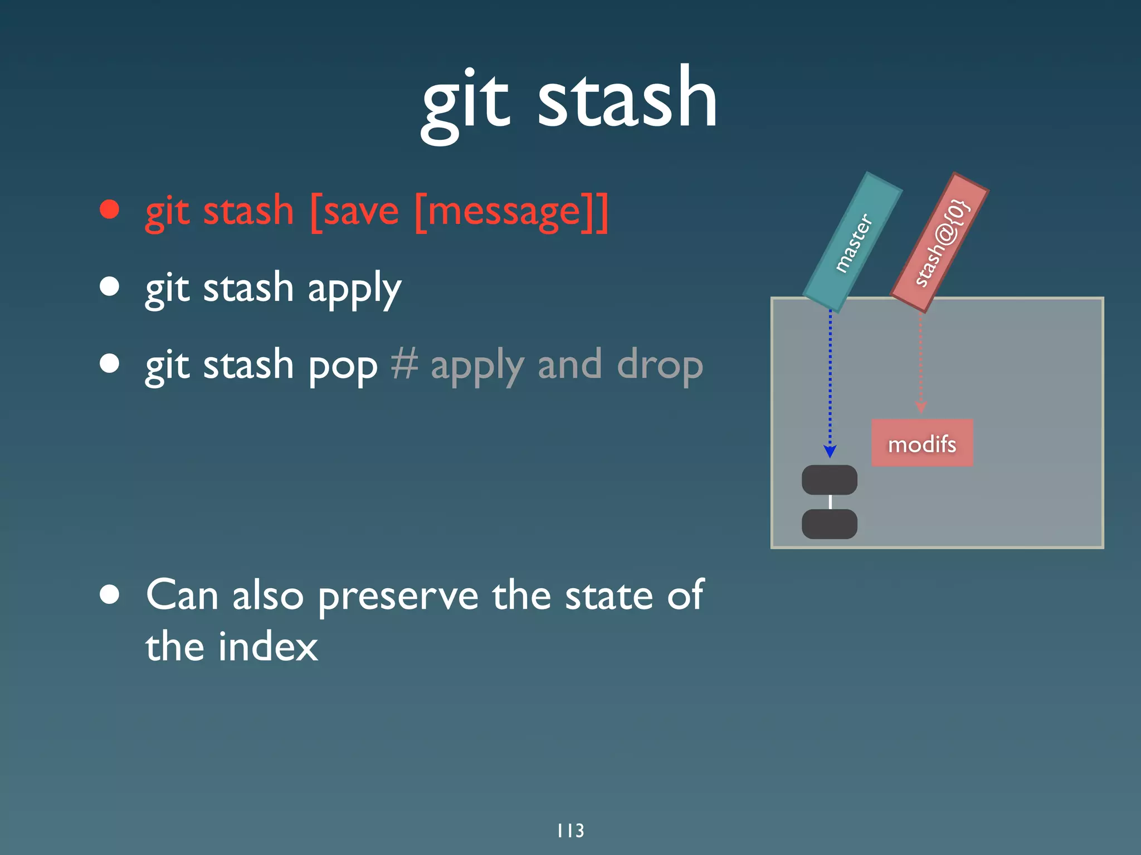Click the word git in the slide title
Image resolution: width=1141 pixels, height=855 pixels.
click(x=465, y=103)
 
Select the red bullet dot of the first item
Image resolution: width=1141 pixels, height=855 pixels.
click(x=110, y=209)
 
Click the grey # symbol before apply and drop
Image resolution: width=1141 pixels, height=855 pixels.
click(x=404, y=364)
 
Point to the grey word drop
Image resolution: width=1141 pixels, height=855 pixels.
click(x=660, y=367)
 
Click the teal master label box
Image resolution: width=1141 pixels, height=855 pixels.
click(x=852, y=242)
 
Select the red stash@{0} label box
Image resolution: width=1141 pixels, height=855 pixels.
click(x=940, y=242)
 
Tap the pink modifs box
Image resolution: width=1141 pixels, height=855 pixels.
click(x=922, y=443)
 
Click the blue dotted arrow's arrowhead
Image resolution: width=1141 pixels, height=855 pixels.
click(x=830, y=452)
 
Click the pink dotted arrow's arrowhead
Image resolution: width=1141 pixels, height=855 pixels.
click(x=921, y=408)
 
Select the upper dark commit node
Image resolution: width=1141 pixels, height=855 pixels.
click(x=829, y=480)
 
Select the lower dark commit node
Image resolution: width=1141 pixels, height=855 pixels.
click(x=829, y=524)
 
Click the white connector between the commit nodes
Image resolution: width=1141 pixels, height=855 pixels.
click(x=830, y=502)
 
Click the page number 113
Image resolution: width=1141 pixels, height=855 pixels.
click(x=570, y=830)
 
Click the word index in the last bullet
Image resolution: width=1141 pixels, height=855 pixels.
click(x=267, y=647)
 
